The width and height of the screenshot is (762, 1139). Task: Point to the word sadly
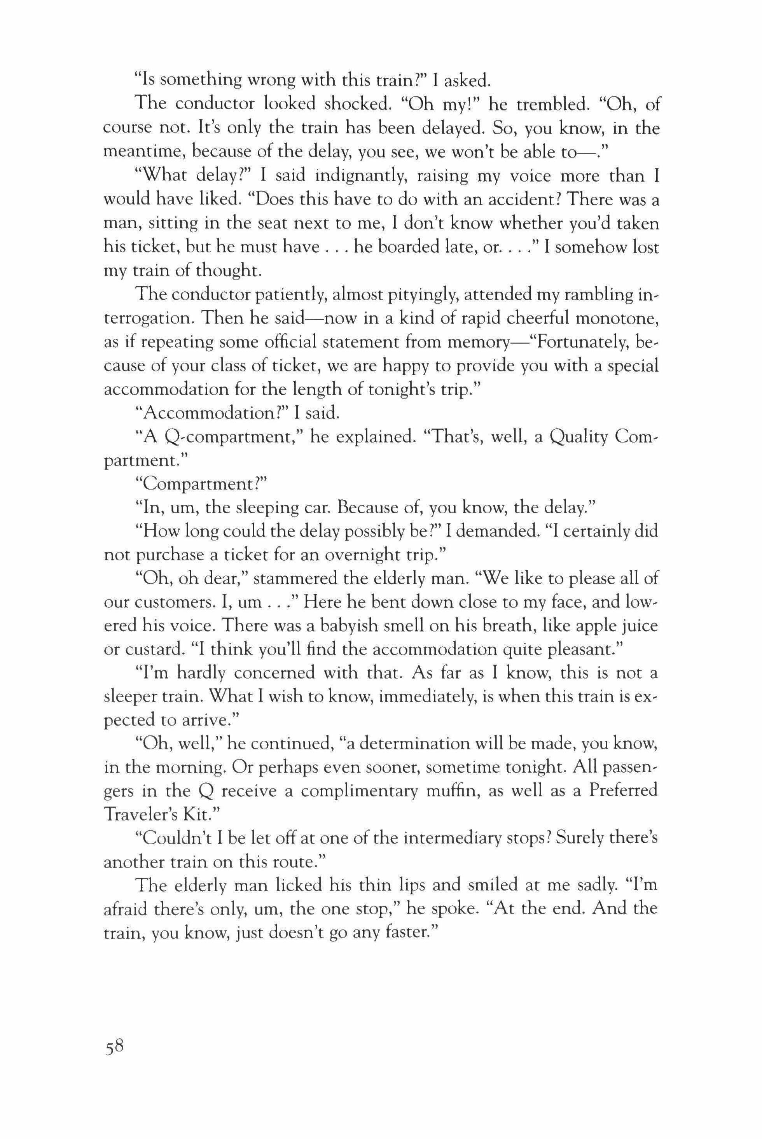click(x=589, y=887)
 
